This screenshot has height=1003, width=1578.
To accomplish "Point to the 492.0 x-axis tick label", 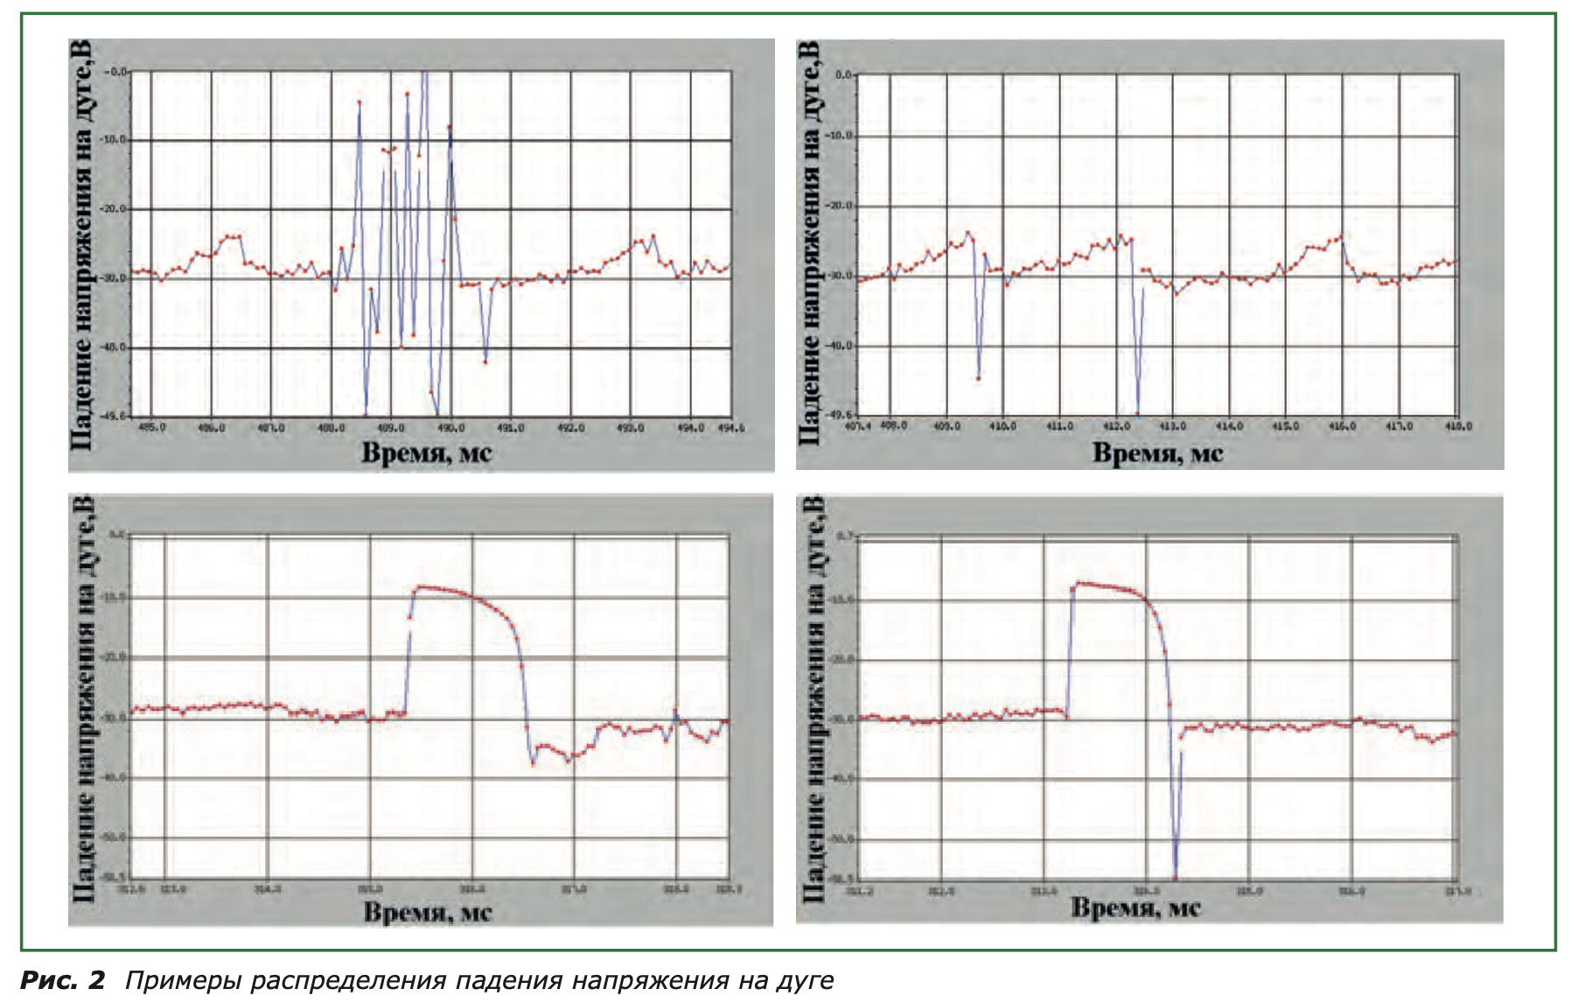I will pyautogui.click(x=571, y=428).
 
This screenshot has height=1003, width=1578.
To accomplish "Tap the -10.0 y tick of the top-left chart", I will pyautogui.click(x=115, y=140).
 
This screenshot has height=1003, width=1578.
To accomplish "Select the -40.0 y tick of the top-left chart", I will pyautogui.click(x=115, y=347).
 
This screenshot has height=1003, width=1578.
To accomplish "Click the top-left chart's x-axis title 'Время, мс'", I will pyautogui.click(x=427, y=452).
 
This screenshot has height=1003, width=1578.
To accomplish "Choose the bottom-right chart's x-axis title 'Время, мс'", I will pyautogui.click(x=1135, y=908).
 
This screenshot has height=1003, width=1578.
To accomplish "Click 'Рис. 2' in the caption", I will pyautogui.click(x=62, y=980).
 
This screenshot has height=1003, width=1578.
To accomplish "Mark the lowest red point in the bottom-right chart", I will pyautogui.click(x=1175, y=878).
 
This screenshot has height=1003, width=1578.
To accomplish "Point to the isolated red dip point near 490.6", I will pyautogui.click(x=485, y=361).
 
